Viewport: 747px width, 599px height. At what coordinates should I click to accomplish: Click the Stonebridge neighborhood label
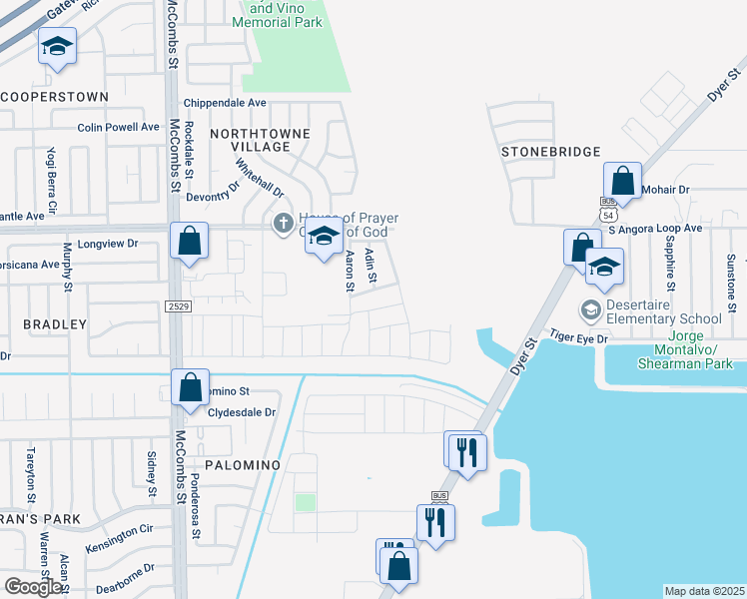point(551,152)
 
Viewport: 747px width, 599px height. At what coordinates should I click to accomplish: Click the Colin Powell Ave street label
point(119,127)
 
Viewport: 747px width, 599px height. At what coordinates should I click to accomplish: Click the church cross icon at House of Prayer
point(283,221)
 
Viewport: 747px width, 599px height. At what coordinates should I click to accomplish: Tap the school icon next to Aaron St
point(324,238)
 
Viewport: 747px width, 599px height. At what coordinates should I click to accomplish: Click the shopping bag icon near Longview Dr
point(189,241)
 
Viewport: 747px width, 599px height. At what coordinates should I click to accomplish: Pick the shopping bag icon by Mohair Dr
point(622,182)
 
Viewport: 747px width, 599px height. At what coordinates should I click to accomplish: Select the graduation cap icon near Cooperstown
point(57,46)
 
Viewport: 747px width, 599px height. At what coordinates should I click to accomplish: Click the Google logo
point(34,586)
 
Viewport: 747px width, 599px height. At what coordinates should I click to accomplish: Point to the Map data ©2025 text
point(704,591)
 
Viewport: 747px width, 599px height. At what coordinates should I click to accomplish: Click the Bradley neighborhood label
point(55,324)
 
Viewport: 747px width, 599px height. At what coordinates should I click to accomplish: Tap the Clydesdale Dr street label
point(242,412)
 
